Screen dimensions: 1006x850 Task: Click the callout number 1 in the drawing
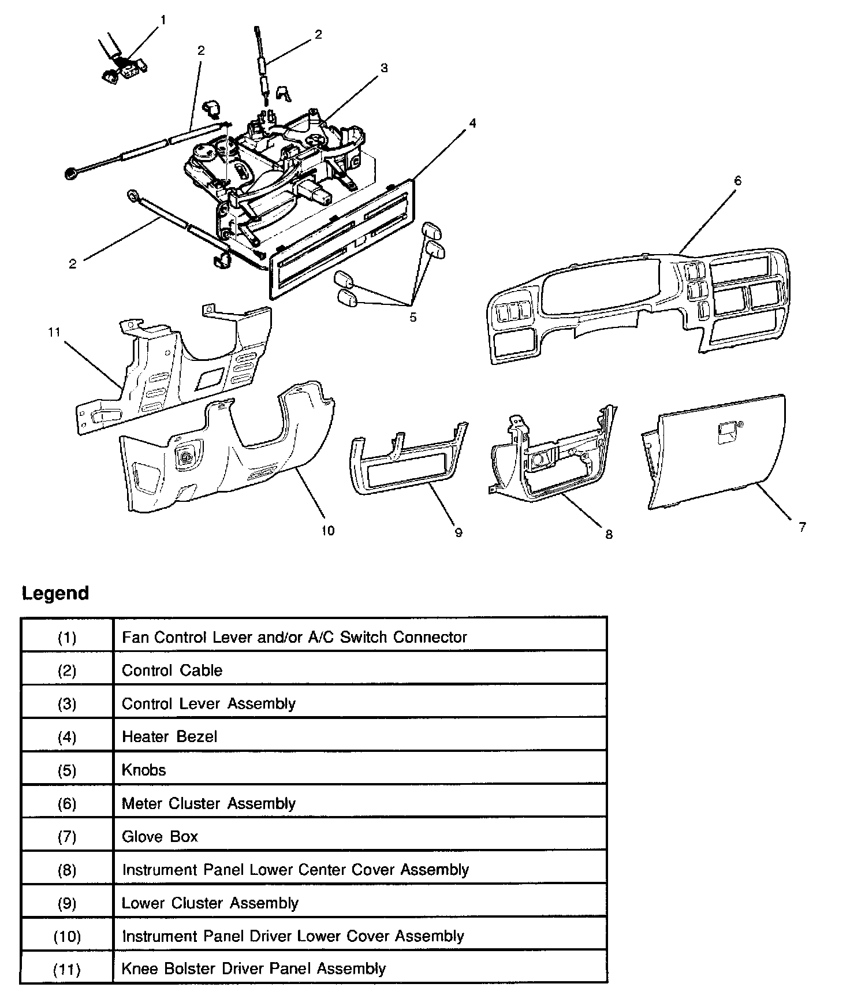click(163, 20)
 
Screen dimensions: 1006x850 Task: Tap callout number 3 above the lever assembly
click(384, 68)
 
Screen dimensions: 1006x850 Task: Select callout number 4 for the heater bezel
click(472, 123)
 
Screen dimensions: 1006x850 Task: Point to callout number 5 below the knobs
click(413, 317)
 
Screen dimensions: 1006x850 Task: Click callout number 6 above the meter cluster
click(737, 181)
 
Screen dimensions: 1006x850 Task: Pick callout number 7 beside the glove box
click(802, 527)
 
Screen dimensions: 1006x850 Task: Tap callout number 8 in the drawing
click(609, 535)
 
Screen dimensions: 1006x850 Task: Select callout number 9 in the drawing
click(458, 532)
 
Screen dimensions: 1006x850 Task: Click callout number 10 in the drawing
click(327, 531)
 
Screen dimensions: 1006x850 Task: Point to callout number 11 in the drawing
click(54, 332)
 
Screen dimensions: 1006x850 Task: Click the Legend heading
click(55, 593)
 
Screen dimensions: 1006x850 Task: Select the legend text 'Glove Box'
click(160, 836)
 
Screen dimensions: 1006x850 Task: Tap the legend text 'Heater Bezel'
click(169, 736)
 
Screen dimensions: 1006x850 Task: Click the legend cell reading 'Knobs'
click(144, 770)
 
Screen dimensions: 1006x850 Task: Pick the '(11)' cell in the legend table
click(67, 969)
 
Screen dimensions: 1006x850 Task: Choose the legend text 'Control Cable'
click(172, 670)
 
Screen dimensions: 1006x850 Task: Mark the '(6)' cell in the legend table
click(67, 803)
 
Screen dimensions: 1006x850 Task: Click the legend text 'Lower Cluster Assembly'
click(210, 903)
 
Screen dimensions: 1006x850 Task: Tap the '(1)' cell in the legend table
click(67, 637)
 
